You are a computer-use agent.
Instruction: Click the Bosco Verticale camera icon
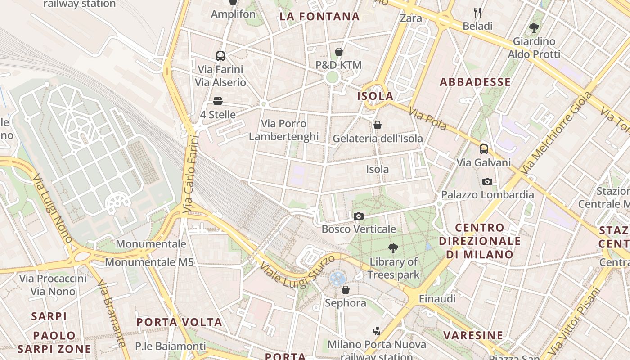click(359, 216)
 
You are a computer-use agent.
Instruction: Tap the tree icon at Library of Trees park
click(393, 248)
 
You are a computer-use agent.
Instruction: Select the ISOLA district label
click(375, 96)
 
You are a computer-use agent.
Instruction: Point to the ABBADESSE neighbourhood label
click(475, 82)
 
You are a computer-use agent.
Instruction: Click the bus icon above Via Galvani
click(484, 149)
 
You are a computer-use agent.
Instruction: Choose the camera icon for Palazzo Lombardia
click(487, 181)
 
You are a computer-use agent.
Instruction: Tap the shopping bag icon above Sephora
click(346, 290)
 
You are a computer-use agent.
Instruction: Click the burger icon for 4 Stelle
click(218, 101)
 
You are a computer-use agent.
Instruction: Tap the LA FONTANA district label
click(319, 17)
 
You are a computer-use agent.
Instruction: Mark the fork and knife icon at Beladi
click(477, 13)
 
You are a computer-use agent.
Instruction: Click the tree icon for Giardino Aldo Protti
click(534, 28)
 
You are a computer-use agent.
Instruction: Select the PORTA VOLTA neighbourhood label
click(179, 322)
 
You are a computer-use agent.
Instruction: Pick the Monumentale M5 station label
click(149, 262)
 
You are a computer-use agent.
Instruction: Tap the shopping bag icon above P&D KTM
click(339, 52)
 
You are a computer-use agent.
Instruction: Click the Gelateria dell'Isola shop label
click(378, 138)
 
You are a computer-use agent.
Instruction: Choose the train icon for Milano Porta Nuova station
click(377, 331)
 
